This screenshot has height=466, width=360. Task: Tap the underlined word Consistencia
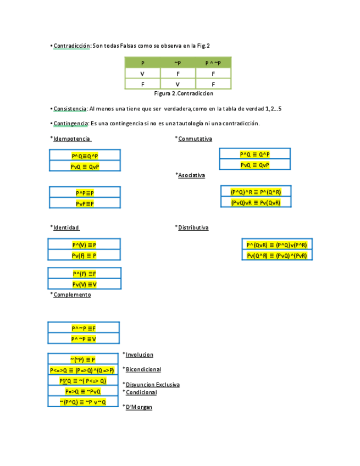click(x=70, y=109)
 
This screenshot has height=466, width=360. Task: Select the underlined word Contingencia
click(x=70, y=123)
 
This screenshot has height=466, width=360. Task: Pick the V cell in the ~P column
click(x=178, y=84)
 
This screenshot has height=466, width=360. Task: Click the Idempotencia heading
click(x=71, y=138)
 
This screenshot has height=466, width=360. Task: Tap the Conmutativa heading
click(x=195, y=139)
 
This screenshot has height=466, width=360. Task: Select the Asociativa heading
click(x=191, y=175)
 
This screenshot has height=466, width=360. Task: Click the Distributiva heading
click(x=193, y=228)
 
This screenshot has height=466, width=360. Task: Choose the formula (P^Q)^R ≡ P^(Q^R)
click(x=256, y=192)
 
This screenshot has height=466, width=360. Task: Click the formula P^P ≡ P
click(x=85, y=193)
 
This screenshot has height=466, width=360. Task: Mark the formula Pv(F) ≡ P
click(x=84, y=256)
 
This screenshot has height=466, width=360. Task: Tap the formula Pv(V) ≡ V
click(x=84, y=284)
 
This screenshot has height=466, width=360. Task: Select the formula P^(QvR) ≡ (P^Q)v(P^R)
click(x=276, y=245)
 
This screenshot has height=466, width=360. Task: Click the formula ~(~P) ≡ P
click(x=83, y=359)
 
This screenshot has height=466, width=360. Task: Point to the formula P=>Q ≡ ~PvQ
click(x=83, y=391)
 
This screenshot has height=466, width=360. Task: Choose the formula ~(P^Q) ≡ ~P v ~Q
click(x=83, y=402)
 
